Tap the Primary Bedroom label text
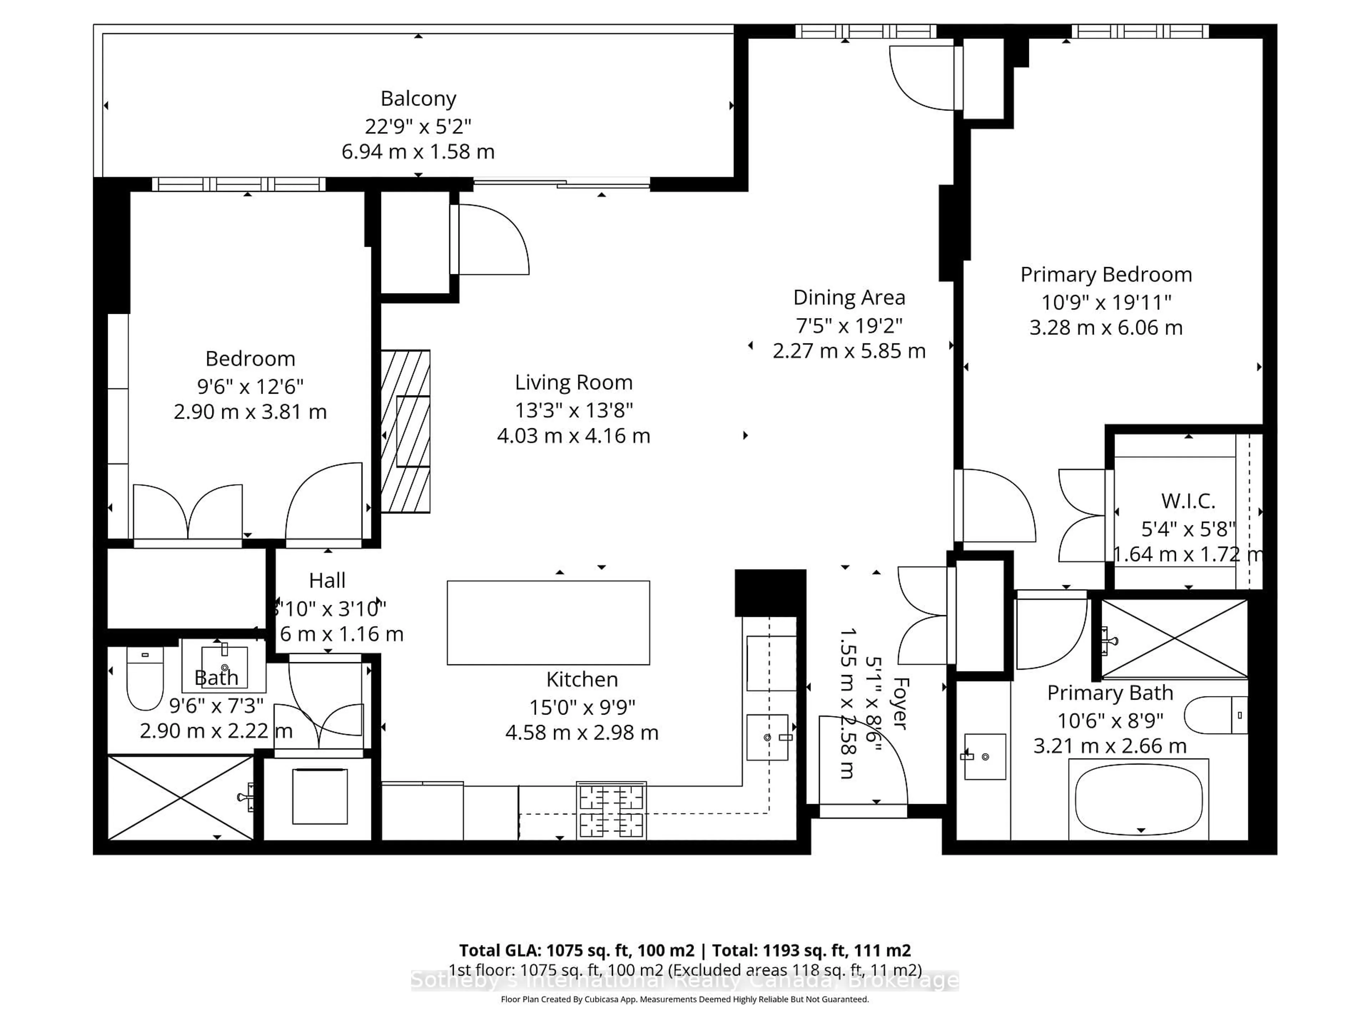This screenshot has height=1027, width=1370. coord(1106,274)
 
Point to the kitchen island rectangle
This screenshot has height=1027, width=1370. coord(548,622)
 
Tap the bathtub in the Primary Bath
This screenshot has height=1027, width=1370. coord(1138,800)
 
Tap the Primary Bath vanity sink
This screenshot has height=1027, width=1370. coord(985,756)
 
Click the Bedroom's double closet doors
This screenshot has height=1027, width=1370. coord(188,512)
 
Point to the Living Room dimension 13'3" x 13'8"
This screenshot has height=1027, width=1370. coord(574,410)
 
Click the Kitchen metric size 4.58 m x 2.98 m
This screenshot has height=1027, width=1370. coord(582,732)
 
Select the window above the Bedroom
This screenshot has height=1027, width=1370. coord(239,184)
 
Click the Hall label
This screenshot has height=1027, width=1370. coord(327,580)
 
